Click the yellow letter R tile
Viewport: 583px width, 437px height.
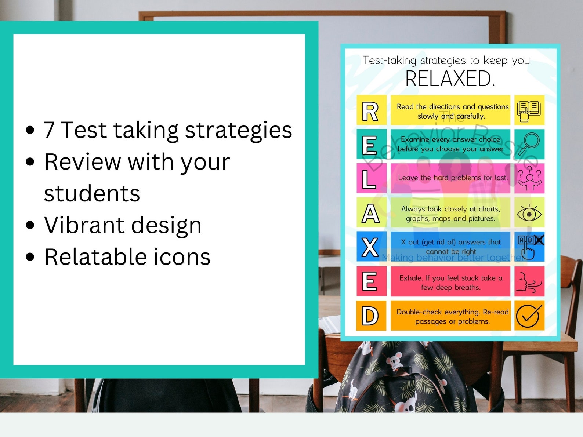(x=371, y=110)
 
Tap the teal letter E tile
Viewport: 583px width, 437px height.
(x=371, y=144)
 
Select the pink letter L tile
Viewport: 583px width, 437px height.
(x=371, y=178)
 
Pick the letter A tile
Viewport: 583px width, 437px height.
(x=371, y=212)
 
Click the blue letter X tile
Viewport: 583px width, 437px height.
(x=371, y=247)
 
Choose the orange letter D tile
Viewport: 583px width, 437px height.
(x=371, y=316)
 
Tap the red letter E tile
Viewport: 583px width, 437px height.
(x=371, y=281)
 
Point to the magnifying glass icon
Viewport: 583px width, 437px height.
(x=529, y=145)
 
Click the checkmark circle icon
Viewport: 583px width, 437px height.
(x=529, y=316)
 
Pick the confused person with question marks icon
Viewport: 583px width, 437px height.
(x=529, y=178)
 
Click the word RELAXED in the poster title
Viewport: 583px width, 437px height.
(x=450, y=79)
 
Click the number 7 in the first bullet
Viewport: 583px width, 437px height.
(x=49, y=130)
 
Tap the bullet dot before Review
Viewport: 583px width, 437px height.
(x=30, y=162)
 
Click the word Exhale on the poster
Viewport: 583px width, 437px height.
(x=411, y=278)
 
